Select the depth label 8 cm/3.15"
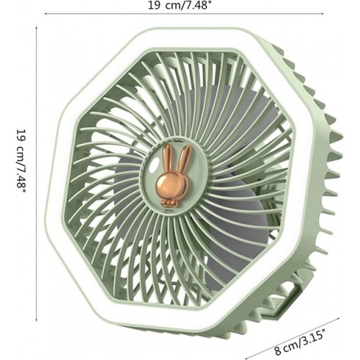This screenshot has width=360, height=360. click(300, 343)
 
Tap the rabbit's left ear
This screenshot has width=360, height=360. click(167, 161)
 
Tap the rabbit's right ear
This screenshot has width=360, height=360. click(186, 159)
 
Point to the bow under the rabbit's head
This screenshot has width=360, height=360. click(170, 203)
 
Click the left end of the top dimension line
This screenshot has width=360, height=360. click(45, 14)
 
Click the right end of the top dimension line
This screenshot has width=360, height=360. click(324, 14)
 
